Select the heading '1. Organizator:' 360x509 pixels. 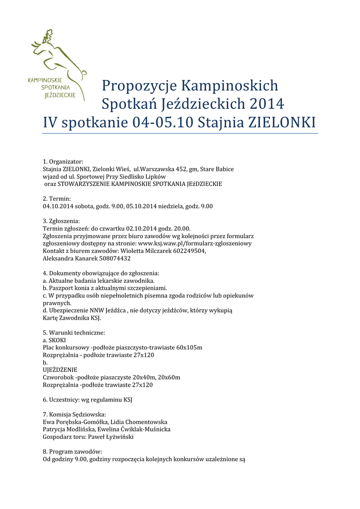click(x=63, y=162)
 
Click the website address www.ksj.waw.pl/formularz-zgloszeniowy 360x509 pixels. click(x=194, y=244)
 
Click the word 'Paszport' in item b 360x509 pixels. click(x=63, y=288)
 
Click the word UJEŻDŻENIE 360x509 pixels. click(x=60, y=370)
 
